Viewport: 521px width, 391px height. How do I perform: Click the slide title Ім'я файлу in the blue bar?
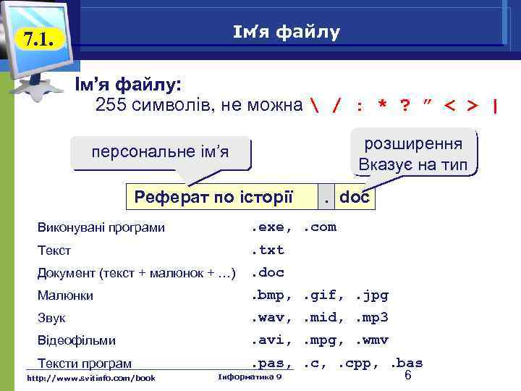point(287,32)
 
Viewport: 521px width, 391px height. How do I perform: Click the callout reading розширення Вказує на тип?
point(415,152)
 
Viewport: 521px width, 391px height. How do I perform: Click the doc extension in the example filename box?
point(354,195)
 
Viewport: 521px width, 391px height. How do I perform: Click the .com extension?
point(319,227)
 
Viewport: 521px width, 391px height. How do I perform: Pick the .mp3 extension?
point(372,318)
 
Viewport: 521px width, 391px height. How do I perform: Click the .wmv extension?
point(372,340)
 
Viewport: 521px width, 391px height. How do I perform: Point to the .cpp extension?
point(364,363)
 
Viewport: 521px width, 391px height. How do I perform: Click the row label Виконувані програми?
point(101,228)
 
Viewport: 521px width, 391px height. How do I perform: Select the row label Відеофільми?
point(76,340)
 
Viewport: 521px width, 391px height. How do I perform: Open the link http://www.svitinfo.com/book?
point(90,377)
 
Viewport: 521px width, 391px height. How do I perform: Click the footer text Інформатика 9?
point(250,377)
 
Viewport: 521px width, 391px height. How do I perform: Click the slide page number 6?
point(408,376)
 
